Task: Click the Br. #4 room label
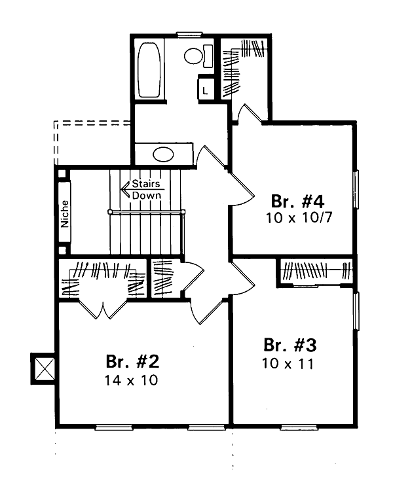(x=297, y=201)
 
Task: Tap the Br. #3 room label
(x=290, y=345)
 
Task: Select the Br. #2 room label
(x=132, y=361)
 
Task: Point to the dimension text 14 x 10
(x=131, y=380)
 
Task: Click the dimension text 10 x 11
(x=288, y=364)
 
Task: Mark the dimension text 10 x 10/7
(x=299, y=218)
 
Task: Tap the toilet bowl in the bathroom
(x=193, y=56)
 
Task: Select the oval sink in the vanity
(x=163, y=154)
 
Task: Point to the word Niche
(x=65, y=214)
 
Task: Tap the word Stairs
(x=146, y=183)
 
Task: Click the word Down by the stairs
(x=147, y=195)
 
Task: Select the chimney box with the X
(x=43, y=369)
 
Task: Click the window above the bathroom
(x=190, y=34)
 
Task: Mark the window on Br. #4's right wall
(x=356, y=189)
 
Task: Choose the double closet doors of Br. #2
(x=103, y=309)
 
